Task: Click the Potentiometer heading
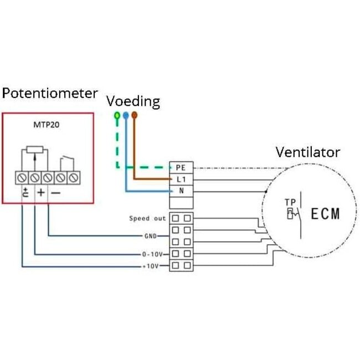[50, 93]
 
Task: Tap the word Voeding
[133, 101]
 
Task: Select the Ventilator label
[308, 152]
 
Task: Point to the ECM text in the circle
[325, 214]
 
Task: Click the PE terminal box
[180, 167]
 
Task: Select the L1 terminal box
[180, 179]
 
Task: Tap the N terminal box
[180, 191]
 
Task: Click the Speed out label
[147, 218]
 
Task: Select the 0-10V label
[151, 255]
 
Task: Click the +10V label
[151, 266]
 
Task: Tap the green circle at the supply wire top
[117, 116]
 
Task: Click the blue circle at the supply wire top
[126, 116]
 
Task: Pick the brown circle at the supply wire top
[134, 116]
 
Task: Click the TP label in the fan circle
[290, 202]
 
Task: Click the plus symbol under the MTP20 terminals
[41, 193]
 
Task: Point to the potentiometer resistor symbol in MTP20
[35, 150]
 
